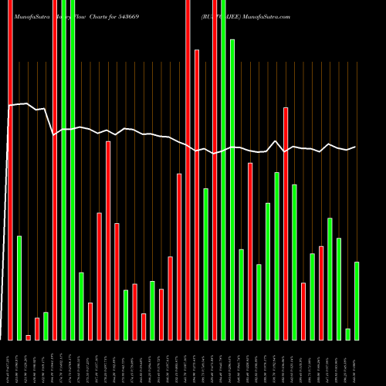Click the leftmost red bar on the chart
pyautogui.click(x=10, y=170)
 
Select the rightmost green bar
pyautogui.click(x=357, y=301)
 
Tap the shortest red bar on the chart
pyautogui.click(x=29, y=337)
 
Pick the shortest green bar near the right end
pyautogui.click(x=348, y=334)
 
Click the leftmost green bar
pyautogui.click(x=19, y=287)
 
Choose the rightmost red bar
pyautogui.click(x=321, y=293)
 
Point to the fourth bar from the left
pyautogui.click(x=37, y=329)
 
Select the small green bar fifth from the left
pyautogui.click(x=46, y=326)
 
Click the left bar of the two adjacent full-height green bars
pyautogui.click(x=63, y=170)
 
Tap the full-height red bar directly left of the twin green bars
pyautogui.click(x=55, y=170)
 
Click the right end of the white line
pyautogui.click(x=356, y=147)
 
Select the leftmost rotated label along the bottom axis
pyautogui.click(x=10, y=363)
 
